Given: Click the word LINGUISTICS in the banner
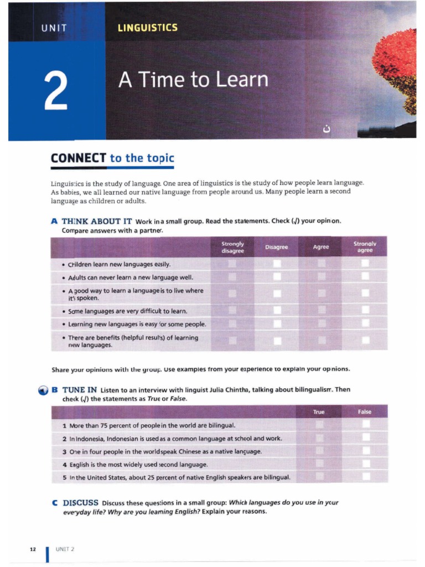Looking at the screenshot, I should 148,27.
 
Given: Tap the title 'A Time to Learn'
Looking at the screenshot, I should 193,80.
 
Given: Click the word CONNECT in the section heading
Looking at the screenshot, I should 78,158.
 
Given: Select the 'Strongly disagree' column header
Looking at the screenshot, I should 233,247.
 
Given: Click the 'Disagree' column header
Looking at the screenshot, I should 277,247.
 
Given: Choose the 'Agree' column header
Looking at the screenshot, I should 321,247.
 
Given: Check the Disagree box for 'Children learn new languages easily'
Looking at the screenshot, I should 277,264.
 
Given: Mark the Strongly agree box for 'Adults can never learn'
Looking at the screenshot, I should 365,276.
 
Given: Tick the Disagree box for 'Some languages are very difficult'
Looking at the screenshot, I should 277,311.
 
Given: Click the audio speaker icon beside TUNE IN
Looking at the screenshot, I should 42,391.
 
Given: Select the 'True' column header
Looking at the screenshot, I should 319,411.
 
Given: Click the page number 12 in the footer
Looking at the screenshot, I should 33,549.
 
